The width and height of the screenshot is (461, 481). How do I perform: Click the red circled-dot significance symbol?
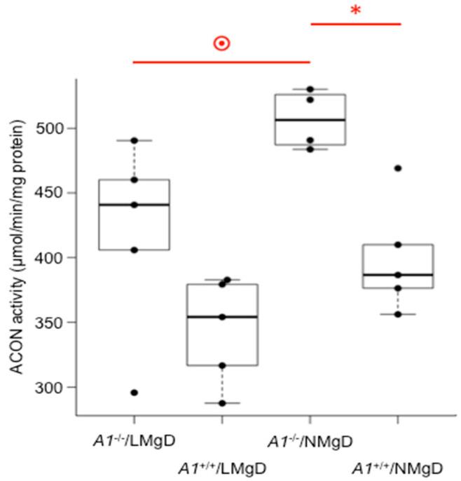pos(221,44)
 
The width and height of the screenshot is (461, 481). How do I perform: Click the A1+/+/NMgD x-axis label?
pos(398,466)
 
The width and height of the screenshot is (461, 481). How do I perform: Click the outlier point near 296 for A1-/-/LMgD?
pos(134,393)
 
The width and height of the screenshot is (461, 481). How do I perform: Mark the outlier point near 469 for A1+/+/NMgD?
pos(398,168)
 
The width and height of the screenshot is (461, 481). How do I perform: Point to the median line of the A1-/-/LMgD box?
pos(134,205)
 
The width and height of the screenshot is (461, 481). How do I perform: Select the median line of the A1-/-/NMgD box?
pos(310,120)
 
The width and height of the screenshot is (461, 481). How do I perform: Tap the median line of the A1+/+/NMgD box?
pos(398,275)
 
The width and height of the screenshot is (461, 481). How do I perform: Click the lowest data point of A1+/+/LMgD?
pos(222,403)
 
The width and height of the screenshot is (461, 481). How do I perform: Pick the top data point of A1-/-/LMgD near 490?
pos(134,140)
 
